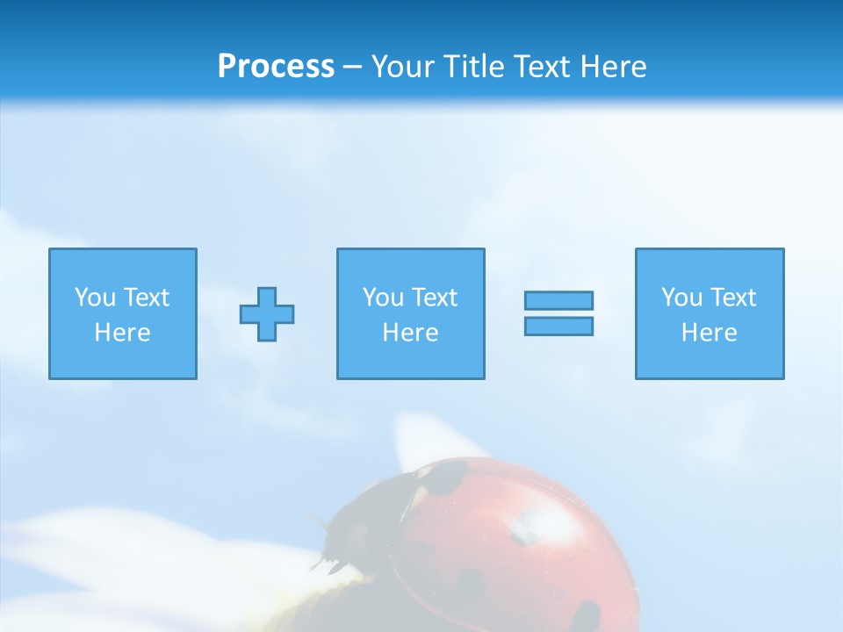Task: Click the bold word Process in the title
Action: [x=276, y=67]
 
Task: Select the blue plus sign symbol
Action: [x=267, y=314]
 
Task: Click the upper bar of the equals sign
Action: [x=558, y=301]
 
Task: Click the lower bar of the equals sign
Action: [x=558, y=326]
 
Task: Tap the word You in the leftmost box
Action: [x=95, y=298]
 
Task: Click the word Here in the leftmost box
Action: [x=122, y=333]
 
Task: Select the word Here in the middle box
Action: [x=410, y=333]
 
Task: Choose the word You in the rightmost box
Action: [x=681, y=298]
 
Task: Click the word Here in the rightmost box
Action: [x=709, y=333]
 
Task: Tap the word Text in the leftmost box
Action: [x=146, y=298]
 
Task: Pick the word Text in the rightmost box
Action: [x=732, y=298]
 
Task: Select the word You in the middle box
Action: [x=383, y=298]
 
